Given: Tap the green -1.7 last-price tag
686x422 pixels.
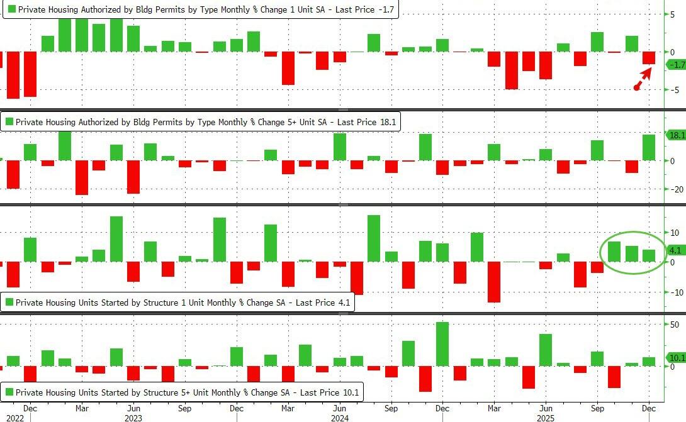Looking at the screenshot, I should click(676, 65).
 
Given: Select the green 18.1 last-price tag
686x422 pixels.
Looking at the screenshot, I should click(676, 135).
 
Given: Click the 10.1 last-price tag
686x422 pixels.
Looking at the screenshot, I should click(676, 358).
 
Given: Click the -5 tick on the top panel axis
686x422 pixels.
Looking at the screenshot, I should click(673, 90).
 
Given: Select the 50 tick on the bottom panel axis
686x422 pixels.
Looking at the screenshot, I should click(674, 325).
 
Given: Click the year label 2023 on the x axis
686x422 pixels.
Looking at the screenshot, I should click(134, 417).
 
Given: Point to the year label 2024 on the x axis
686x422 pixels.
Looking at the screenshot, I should click(340, 417).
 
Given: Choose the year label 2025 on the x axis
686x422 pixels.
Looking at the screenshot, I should click(545, 417).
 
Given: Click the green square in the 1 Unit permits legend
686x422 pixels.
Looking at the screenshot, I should click(9, 10).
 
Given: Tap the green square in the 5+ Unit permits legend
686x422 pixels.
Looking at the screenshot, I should click(9, 122).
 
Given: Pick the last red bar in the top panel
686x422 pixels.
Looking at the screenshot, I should click(649, 58).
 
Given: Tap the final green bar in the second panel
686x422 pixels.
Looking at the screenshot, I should click(649, 147).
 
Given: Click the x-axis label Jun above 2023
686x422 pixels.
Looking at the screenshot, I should click(133, 408).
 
